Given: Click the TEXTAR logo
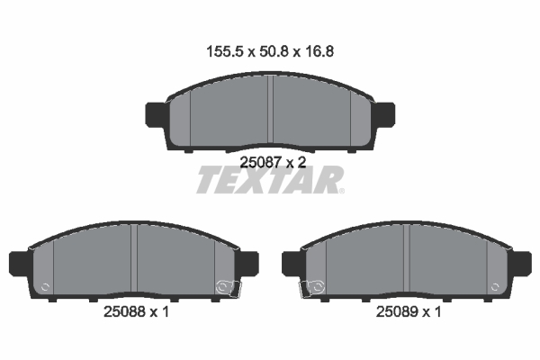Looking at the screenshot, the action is [270, 180].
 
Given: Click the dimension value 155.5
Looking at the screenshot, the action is [225, 51].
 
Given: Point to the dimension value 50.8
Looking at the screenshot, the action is [274, 51].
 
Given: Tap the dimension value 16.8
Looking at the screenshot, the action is [319, 51].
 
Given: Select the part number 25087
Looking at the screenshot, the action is [261, 162].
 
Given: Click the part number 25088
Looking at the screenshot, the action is [125, 311].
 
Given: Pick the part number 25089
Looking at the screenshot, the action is [397, 311].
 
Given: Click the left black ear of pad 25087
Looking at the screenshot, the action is [157, 114].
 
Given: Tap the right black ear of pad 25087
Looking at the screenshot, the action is [383, 114].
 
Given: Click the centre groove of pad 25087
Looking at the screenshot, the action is [270, 109].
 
